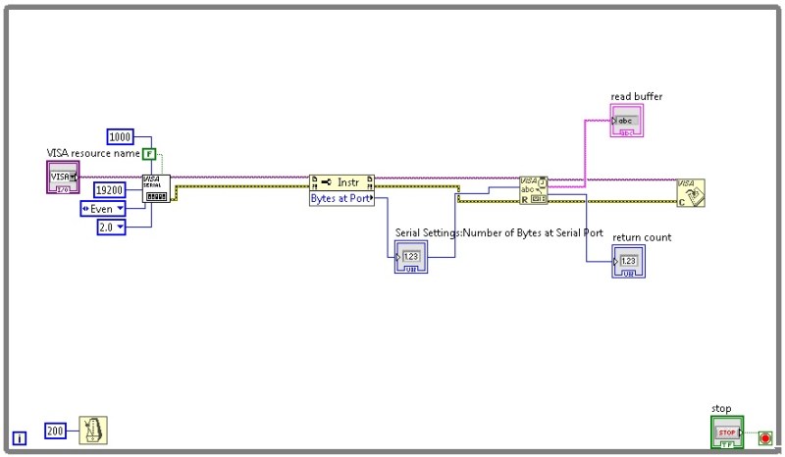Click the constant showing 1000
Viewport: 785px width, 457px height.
click(x=121, y=136)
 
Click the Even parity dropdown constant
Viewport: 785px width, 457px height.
click(x=102, y=208)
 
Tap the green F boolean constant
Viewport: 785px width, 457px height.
click(x=149, y=154)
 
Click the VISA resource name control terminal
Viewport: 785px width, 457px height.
click(x=64, y=178)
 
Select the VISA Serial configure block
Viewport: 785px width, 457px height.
click(x=156, y=188)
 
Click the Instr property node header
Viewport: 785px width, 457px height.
click(x=341, y=181)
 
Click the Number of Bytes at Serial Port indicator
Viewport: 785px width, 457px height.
click(x=411, y=260)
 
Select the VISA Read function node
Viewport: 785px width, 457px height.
click(x=534, y=190)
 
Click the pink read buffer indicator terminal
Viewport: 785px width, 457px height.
click(x=625, y=121)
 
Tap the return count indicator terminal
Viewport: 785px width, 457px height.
click(x=629, y=262)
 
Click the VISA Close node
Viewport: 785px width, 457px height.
click(x=691, y=192)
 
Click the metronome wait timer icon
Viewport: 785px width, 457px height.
click(x=93, y=431)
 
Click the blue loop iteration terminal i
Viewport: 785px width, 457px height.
click(x=19, y=438)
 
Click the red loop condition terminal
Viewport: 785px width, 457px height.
click(x=764, y=436)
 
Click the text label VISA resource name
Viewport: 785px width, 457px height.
click(x=94, y=153)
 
